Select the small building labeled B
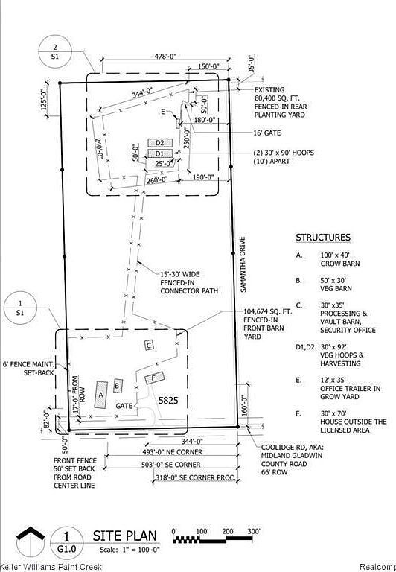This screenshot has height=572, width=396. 118,385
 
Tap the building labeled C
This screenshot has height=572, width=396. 149,345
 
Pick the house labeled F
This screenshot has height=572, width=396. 154,378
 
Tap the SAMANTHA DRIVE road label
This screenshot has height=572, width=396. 243,264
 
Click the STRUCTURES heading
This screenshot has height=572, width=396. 322,238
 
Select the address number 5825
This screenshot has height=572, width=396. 169,400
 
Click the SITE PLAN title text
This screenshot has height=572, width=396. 125,536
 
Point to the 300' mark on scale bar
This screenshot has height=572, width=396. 253,531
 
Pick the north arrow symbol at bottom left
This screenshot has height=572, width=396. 31,541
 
